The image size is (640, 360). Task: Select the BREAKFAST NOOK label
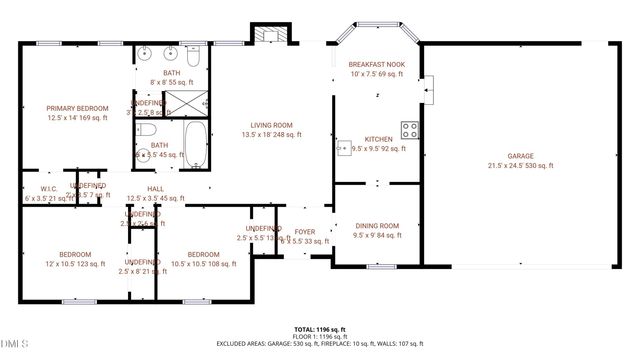tap(377, 63)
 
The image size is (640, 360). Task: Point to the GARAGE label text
tap(519, 156)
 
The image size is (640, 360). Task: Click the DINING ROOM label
tap(376, 226)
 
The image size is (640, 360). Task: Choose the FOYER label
tap(304, 232)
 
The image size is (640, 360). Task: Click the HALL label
tap(155, 188)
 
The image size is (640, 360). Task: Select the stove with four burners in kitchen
tap(409, 128)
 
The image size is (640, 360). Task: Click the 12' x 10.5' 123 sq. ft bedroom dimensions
tap(75, 264)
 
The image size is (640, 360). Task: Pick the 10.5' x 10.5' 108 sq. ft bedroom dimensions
tap(203, 264)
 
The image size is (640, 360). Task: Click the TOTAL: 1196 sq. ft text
tap(319, 329)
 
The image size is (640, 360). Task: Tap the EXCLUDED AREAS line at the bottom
tap(319, 345)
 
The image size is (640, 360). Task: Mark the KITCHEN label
tap(377, 138)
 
